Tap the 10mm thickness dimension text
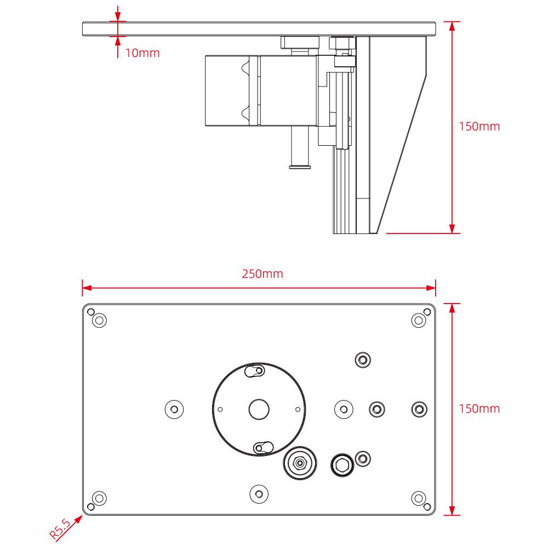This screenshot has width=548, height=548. [142, 53]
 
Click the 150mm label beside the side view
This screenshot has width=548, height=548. [479, 127]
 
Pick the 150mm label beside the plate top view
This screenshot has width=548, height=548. [479, 408]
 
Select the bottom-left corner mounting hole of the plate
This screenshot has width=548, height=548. [99, 498]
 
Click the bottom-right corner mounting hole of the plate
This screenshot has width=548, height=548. [419, 498]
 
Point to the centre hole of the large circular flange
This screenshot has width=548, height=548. [259, 409]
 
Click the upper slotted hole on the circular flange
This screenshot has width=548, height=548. [255, 372]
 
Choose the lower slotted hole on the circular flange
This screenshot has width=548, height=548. [262, 447]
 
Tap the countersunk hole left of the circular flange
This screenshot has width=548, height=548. [174, 409]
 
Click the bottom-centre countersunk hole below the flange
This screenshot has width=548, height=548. [259, 494]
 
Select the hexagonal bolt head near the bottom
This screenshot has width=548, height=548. [342, 465]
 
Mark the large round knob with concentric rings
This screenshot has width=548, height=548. [300, 464]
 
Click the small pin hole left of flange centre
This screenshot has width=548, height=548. [220, 409]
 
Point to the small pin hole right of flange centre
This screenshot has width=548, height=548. [298, 409]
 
